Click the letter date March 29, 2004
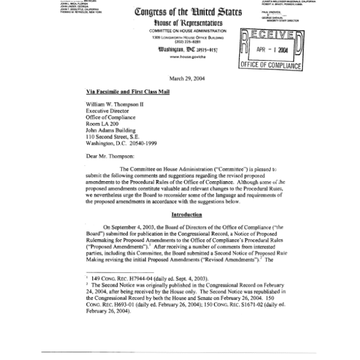179,79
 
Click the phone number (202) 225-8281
179,41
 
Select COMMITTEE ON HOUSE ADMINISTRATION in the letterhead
179,31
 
